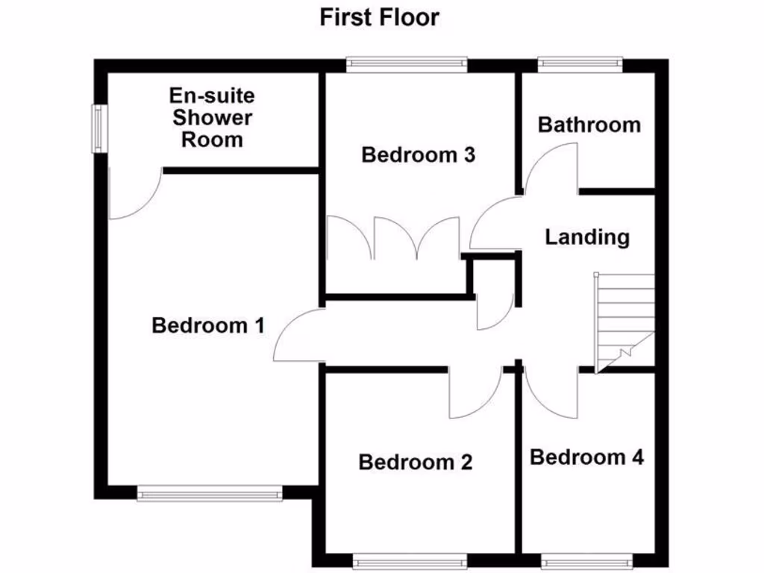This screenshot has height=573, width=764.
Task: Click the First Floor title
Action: click(380, 17)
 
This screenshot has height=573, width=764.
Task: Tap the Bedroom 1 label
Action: click(208, 326)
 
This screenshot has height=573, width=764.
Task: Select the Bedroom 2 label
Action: click(416, 463)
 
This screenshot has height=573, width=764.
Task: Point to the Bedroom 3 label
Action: click(419, 155)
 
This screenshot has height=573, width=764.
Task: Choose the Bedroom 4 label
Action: click(587, 457)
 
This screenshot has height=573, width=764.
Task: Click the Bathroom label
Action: click(589, 125)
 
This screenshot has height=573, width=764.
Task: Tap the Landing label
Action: click(587, 237)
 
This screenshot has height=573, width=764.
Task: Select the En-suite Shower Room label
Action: click(212, 117)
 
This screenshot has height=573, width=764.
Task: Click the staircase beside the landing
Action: click(625, 321)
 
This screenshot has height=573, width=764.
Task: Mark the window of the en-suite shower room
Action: click(98, 128)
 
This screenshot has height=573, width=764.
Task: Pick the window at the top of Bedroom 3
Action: click(407, 65)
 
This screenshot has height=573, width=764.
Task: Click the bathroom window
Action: click(580, 65)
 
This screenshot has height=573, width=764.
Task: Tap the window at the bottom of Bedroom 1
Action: click(210, 492)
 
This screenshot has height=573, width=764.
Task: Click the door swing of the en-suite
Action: click(133, 195)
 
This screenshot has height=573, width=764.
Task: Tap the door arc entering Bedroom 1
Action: click(298, 337)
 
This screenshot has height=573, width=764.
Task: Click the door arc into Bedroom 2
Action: click(475, 393)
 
